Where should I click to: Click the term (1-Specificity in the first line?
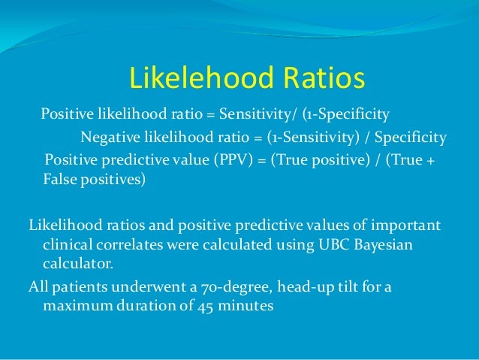(346, 115)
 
